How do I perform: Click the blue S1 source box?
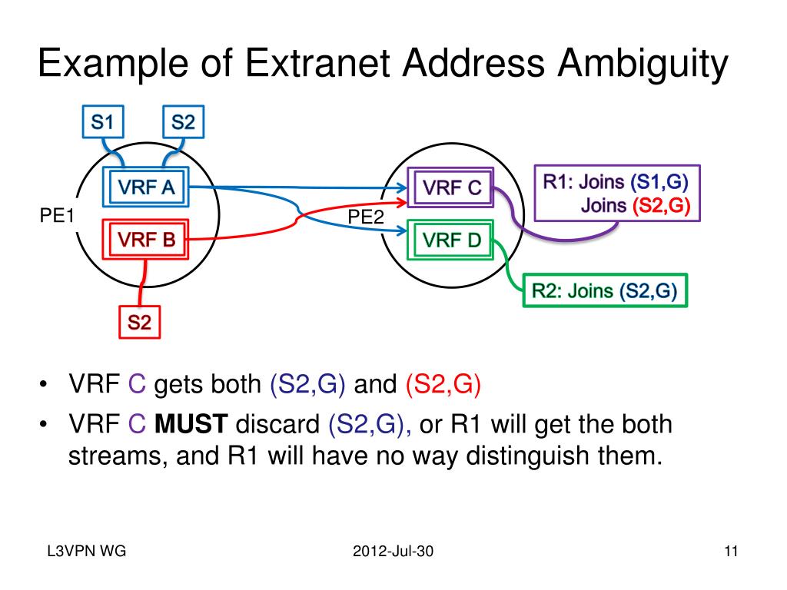(102, 121)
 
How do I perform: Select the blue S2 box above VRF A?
(182, 121)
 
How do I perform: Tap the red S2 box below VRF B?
(139, 323)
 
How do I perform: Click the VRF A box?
(146, 187)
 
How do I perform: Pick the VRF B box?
(146, 240)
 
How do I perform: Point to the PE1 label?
(57, 217)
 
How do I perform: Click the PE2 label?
(366, 217)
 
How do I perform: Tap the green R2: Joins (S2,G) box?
(605, 291)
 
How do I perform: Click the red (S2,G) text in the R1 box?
(661, 205)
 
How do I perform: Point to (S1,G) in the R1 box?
(659, 182)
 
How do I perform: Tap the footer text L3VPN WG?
(85, 552)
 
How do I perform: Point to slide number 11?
(730, 552)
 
